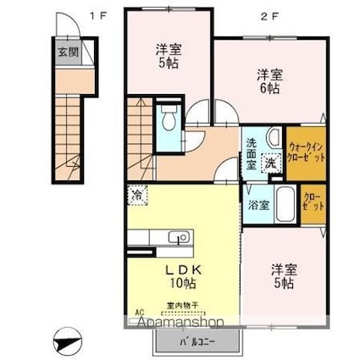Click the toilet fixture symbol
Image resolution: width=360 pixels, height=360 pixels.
pyautogui.click(x=168, y=118)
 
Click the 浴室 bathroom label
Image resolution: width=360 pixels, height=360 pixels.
pyautogui.click(x=258, y=204)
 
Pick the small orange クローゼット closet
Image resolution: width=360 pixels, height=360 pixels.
pyautogui.click(x=313, y=203)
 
